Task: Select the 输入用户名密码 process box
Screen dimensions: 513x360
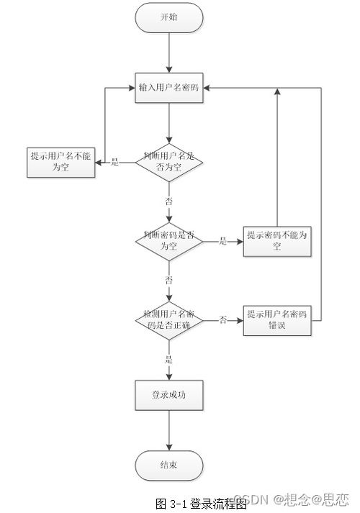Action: (169, 89)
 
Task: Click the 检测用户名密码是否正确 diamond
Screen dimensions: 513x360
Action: (169, 319)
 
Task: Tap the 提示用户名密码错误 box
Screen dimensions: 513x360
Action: (277, 319)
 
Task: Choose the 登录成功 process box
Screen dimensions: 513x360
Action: (169, 395)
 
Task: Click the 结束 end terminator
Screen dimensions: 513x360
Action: (169, 466)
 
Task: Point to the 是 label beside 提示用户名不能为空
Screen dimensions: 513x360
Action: (114, 162)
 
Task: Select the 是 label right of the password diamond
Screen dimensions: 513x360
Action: (222, 241)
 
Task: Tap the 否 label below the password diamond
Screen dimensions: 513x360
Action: (169, 279)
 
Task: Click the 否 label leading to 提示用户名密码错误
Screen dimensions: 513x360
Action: (223, 319)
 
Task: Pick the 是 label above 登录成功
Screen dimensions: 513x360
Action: (169, 359)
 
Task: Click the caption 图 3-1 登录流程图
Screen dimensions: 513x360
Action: (201, 503)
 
